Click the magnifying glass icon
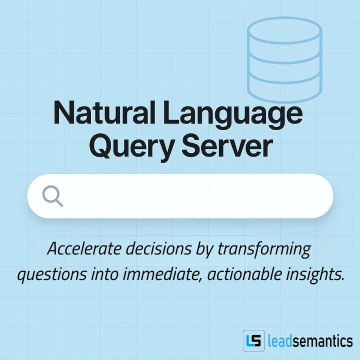click(52, 195)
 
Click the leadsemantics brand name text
click(310, 341)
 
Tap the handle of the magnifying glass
click(59, 202)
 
